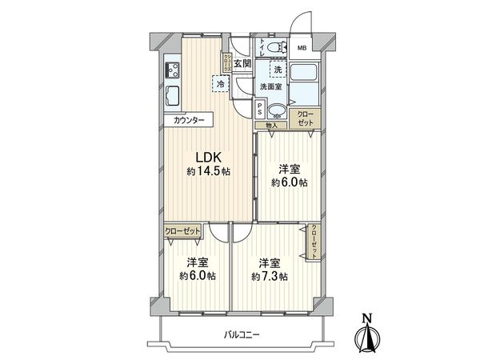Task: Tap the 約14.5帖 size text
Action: click(206, 172)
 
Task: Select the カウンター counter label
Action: click(189, 121)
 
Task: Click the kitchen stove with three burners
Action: click(172, 70)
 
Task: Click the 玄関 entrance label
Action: click(243, 63)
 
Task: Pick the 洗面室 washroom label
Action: click(270, 86)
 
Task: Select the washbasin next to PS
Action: click(277, 111)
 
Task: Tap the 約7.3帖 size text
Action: click(270, 277)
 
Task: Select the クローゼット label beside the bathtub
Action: click(306, 119)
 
